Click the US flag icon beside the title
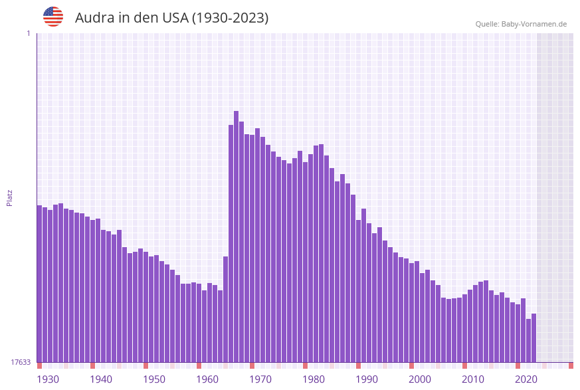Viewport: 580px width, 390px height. [53, 17]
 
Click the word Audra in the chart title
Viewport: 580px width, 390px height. [94, 18]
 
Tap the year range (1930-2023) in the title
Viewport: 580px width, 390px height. [230, 18]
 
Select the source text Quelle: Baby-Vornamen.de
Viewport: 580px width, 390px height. [521, 24]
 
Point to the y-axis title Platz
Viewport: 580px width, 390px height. [10, 197]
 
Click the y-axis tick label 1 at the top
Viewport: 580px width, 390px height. [28, 33]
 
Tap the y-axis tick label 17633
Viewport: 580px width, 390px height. [21, 362]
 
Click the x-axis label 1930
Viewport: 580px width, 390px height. [48, 379]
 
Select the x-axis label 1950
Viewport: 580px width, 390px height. [154, 379]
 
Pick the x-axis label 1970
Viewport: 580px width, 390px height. [260, 379]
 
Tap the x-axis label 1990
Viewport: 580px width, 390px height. [367, 379]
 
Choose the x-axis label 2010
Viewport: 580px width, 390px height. [473, 379]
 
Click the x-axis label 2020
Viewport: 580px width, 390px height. [526, 379]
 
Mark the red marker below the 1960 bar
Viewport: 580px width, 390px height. [199, 365]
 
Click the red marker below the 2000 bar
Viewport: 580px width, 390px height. [411, 365]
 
